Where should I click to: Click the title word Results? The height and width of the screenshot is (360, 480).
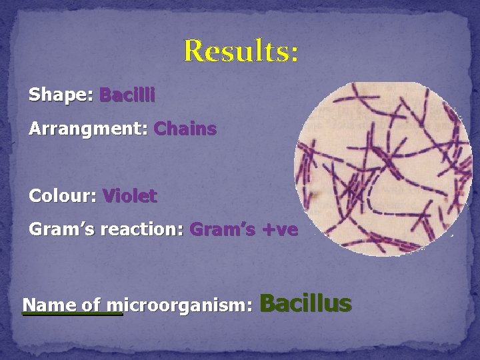point(241,51)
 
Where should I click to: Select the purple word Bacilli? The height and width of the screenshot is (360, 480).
point(127,95)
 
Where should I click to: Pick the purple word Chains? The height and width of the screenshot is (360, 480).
point(185,129)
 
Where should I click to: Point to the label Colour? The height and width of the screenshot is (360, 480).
point(63,197)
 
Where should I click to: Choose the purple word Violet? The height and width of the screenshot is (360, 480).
point(129,197)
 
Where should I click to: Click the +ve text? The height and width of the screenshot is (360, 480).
point(279,230)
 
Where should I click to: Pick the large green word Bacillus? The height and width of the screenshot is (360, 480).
point(305,303)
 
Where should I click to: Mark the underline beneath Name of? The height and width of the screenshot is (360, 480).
point(73,314)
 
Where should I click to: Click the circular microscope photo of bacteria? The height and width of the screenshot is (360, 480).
point(378,169)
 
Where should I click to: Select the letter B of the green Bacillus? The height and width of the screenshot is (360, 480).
point(267,303)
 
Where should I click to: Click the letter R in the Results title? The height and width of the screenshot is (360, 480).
point(194,51)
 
